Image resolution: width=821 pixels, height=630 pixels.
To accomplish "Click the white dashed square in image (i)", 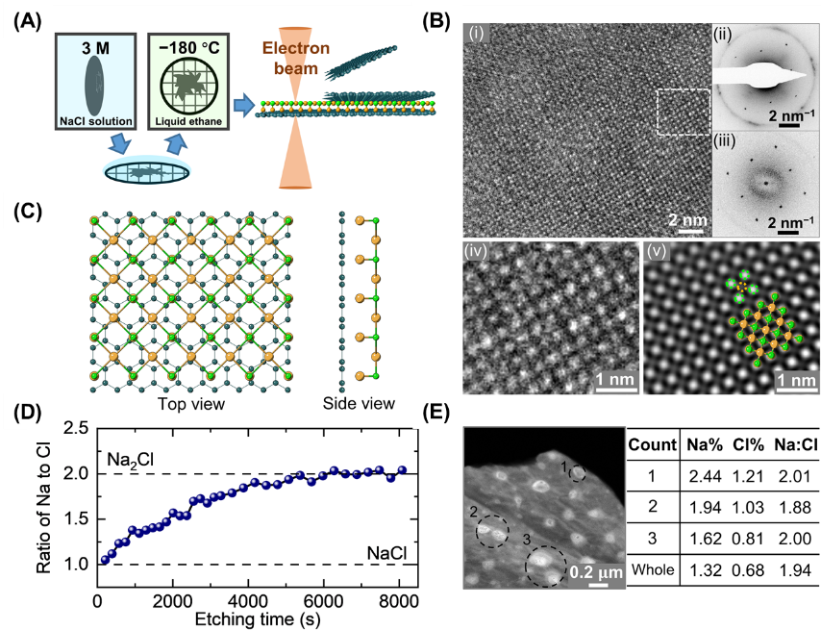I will click(683, 113).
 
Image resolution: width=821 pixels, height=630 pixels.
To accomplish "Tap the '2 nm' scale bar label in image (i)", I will click(688, 218).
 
